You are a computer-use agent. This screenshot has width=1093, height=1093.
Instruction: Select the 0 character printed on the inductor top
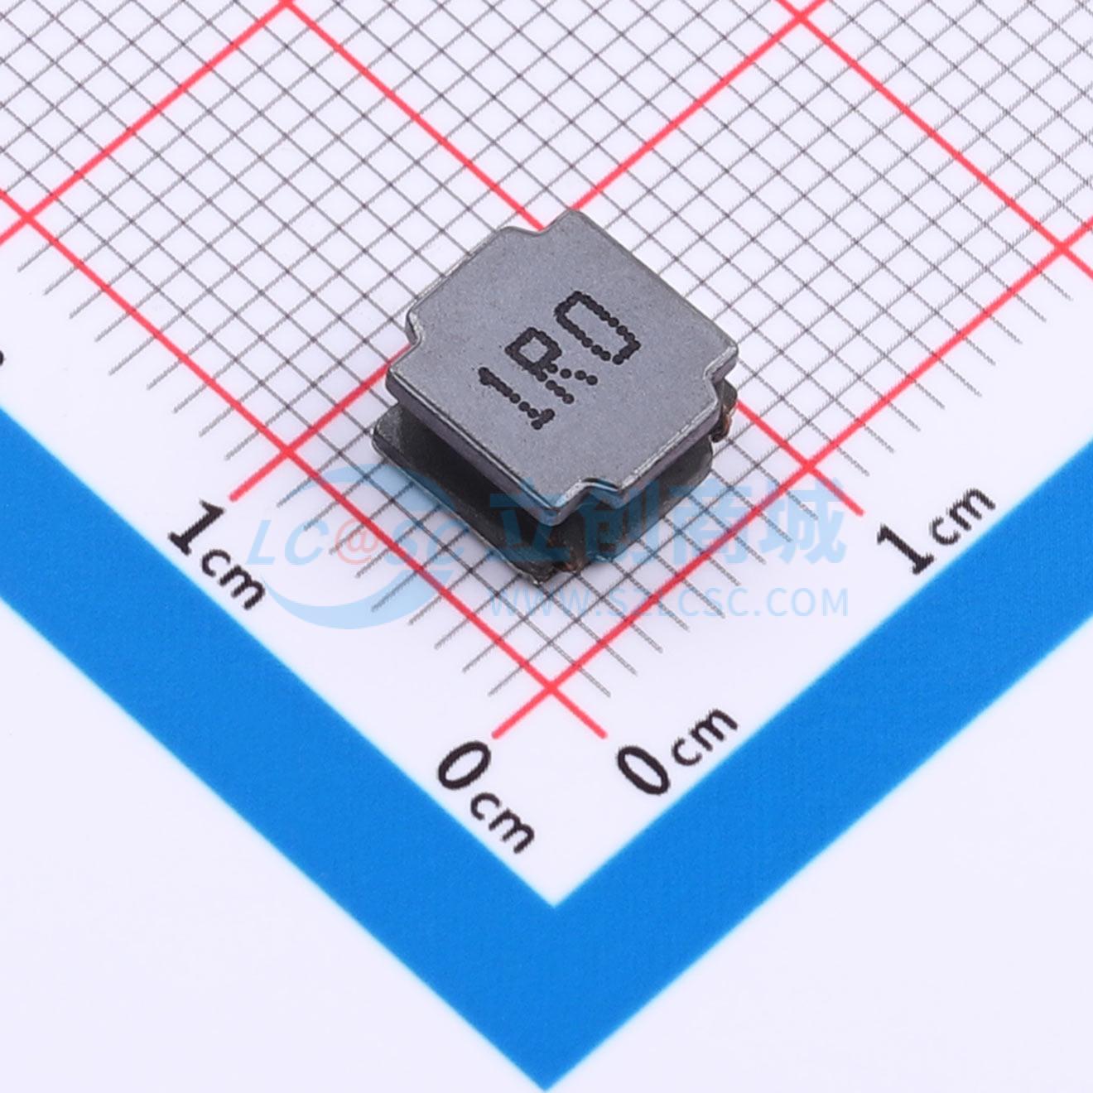coord(599,326)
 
